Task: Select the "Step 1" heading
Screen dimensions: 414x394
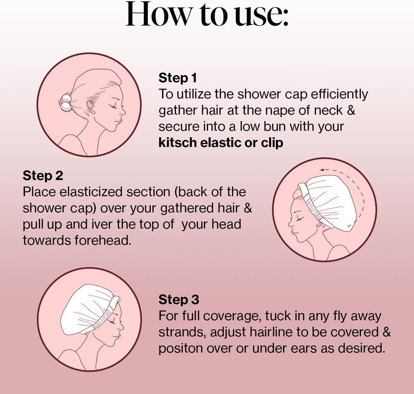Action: point(178,78)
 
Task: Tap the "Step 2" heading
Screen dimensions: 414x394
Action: point(43,175)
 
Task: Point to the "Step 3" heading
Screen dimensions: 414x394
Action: point(179,299)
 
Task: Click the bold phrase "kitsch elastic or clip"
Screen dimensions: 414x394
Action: point(221,143)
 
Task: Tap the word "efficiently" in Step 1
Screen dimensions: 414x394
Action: point(339,95)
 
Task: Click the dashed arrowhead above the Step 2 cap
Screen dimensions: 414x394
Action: point(322,170)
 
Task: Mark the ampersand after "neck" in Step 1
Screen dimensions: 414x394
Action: point(351,110)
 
